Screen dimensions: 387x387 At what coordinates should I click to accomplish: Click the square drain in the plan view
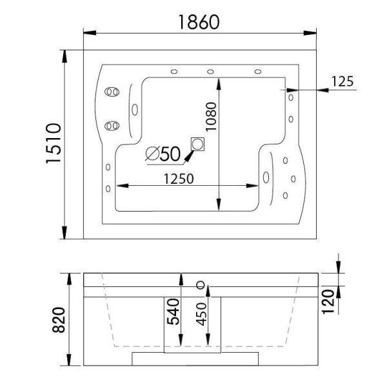tap(197, 144)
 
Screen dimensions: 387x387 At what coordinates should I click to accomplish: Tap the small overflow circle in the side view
tap(201, 284)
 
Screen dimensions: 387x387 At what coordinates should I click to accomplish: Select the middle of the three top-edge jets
tap(211, 72)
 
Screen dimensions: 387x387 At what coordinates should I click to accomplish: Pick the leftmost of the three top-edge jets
tap(174, 72)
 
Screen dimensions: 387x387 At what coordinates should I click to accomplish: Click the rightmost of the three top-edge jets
tap(257, 72)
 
